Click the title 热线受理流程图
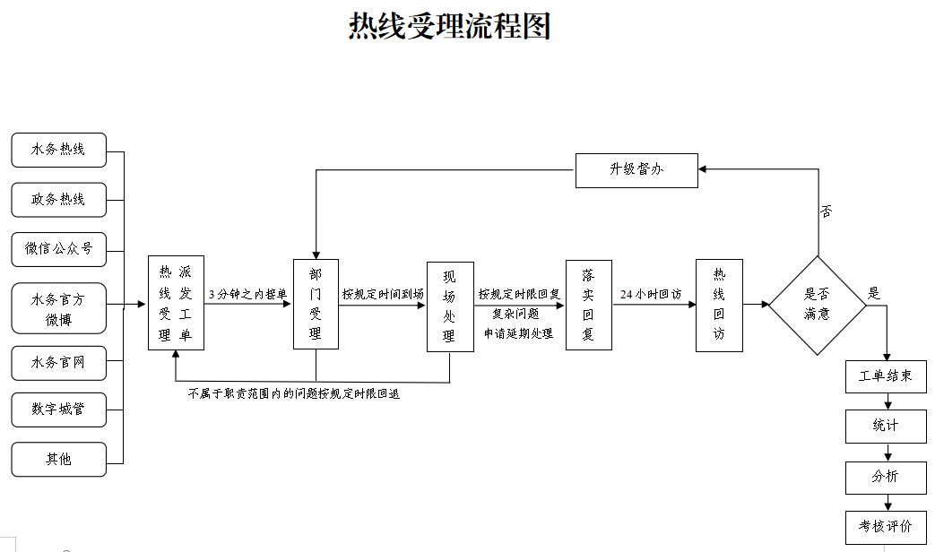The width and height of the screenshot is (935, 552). click(x=449, y=27)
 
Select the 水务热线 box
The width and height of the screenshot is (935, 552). click(x=58, y=150)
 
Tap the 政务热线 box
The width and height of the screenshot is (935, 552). click(x=58, y=200)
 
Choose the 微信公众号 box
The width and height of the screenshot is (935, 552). click(x=58, y=249)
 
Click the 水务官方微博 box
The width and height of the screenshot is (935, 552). click(x=58, y=308)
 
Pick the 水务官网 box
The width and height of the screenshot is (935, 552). click(x=58, y=363)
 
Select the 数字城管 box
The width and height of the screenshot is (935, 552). click(x=58, y=410)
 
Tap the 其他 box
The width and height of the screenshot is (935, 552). click(x=58, y=459)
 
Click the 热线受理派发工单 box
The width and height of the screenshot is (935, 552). click(x=176, y=303)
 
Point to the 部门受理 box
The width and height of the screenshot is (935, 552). click(x=316, y=304)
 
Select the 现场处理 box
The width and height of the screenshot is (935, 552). click(x=450, y=306)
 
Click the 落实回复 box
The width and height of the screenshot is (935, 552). click(x=588, y=305)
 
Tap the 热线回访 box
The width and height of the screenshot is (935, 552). click(x=719, y=305)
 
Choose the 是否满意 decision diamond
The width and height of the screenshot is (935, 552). click(x=818, y=306)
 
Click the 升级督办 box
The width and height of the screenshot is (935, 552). click(x=636, y=170)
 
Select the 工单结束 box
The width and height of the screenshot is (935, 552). click(x=886, y=376)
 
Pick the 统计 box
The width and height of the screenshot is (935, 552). click(x=886, y=427)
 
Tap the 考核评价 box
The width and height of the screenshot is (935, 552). click(x=886, y=527)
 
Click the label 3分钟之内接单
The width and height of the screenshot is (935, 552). click(x=247, y=294)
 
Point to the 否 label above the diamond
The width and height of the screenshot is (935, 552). click(x=826, y=212)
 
